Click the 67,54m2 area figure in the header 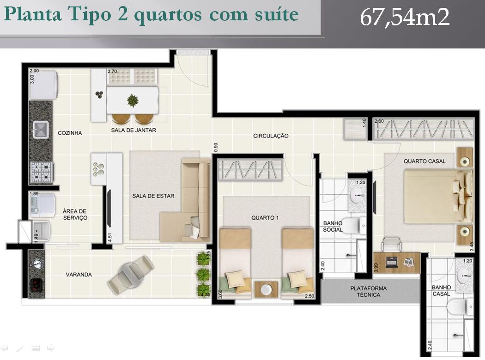[405, 18]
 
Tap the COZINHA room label [70, 133]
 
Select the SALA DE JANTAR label [133, 130]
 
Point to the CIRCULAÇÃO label [271, 136]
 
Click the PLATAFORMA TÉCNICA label [369, 291]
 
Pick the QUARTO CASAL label [424, 161]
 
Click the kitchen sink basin [41, 130]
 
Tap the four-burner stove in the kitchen [42, 172]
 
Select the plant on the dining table [133, 100]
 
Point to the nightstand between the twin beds [266, 289]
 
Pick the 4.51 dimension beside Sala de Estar [110, 237]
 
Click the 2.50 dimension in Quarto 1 [309, 296]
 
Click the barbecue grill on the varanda [36, 286]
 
